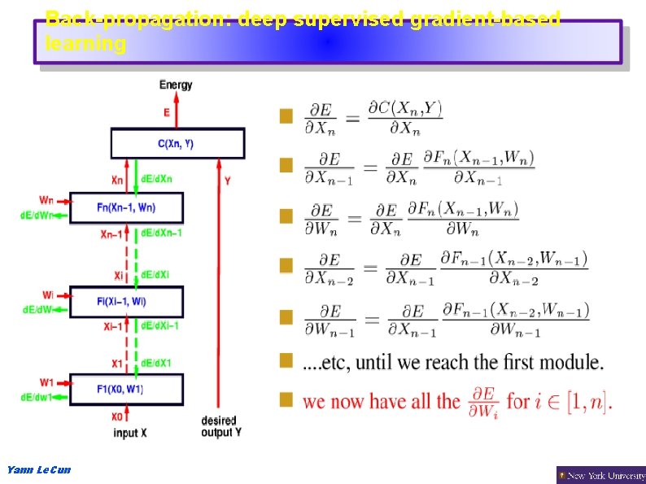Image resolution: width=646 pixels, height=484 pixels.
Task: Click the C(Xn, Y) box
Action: tap(177, 144)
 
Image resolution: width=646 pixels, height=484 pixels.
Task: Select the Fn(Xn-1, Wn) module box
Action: tap(126, 207)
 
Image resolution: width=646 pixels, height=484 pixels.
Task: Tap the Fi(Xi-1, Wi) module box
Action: tap(126, 302)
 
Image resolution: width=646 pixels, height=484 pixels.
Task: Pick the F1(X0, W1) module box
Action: tap(126, 389)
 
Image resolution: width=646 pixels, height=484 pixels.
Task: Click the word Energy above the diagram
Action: tap(176, 85)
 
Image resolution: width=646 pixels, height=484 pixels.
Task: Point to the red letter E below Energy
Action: tap(167, 113)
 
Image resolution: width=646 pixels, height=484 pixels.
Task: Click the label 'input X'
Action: tap(130, 434)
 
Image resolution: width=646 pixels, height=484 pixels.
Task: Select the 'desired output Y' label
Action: tap(220, 426)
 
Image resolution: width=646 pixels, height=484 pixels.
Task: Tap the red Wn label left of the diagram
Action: tap(46, 200)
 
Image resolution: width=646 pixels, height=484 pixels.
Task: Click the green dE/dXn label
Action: tap(157, 179)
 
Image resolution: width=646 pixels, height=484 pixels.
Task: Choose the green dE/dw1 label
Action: tap(36, 397)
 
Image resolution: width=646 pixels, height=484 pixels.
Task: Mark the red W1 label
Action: tap(46, 382)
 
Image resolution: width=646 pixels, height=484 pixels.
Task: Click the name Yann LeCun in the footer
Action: tap(38, 470)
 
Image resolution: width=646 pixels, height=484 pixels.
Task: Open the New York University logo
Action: tap(600, 474)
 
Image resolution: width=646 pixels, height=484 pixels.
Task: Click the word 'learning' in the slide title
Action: tap(85, 45)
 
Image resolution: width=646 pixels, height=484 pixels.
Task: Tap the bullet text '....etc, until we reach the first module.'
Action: tap(453, 361)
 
